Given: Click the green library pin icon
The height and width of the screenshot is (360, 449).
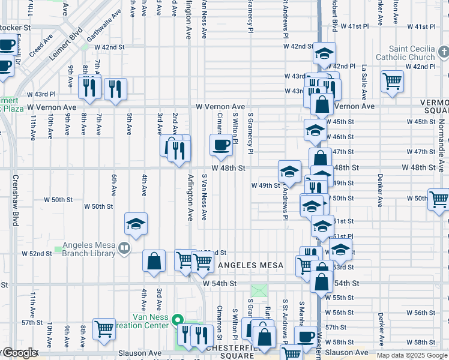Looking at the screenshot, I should pyautogui.click(x=123, y=248).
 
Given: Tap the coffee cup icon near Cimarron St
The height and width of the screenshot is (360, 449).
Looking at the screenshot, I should pyautogui.click(x=221, y=145).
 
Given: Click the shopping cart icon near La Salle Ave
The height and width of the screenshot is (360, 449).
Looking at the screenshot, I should pyautogui.click(x=392, y=80).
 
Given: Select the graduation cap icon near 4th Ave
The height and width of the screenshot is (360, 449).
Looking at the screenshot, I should pyautogui.click(x=136, y=224).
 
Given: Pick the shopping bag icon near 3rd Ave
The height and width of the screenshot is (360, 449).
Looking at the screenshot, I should pyautogui.click(x=154, y=261).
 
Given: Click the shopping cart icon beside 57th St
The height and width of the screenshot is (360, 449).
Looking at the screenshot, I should pyautogui.click(x=104, y=329).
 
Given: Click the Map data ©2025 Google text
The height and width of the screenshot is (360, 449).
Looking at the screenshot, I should pyautogui.click(x=412, y=355).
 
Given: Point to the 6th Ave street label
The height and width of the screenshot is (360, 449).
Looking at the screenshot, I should pyautogui.click(x=113, y=185).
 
